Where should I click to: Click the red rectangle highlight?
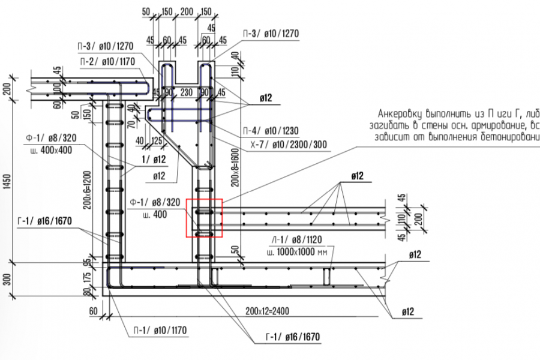205,218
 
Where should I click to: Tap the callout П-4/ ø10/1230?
271,131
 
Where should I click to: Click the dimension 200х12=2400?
266,311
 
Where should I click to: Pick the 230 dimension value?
185,92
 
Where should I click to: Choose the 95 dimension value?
88,262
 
